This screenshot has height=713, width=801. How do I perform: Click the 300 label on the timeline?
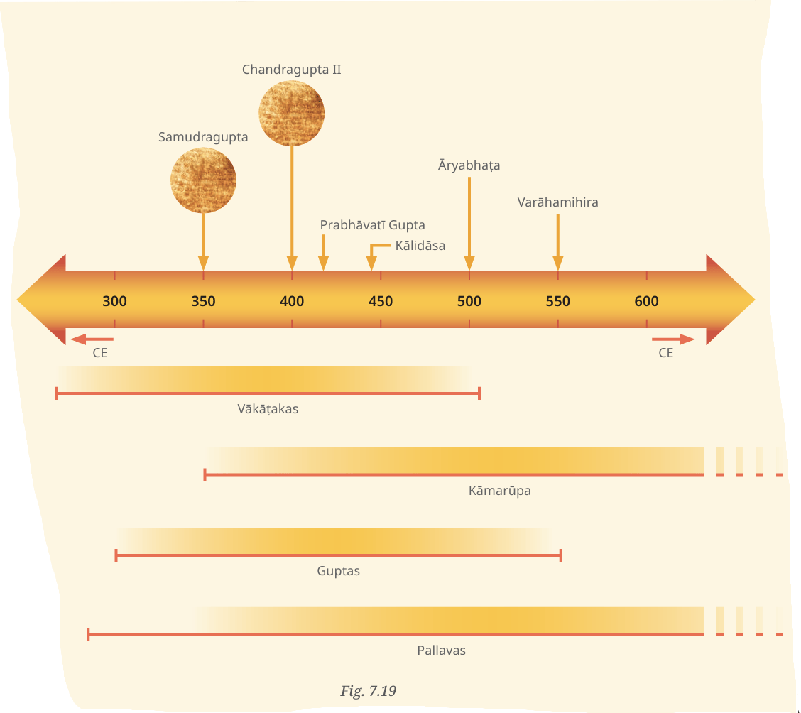[x=114, y=301]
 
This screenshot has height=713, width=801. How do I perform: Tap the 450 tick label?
[x=381, y=301]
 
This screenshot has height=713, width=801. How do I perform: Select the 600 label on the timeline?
[x=646, y=301]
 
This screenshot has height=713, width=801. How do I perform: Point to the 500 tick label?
[x=469, y=301]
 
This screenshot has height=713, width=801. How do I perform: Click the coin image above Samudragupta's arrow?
[x=203, y=180]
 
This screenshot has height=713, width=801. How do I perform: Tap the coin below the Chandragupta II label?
[x=292, y=114]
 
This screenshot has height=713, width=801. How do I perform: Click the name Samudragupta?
[x=203, y=137]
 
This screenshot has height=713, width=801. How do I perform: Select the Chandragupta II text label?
[x=292, y=70]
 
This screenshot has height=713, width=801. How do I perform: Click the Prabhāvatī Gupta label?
[x=372, y=225]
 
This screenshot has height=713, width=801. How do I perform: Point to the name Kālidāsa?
[x=420, y=246]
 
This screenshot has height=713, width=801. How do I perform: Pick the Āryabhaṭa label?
[x=469, y=165]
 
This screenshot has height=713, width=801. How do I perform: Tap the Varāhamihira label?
[x=558, y=202]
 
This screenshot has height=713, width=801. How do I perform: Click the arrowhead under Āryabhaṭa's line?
[x=469, y=263]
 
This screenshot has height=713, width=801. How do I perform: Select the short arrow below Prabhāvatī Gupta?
[x=323, y=253]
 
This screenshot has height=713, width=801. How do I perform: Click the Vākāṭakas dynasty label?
[x=268, y=409]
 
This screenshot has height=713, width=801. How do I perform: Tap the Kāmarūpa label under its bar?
[x=500, y=491]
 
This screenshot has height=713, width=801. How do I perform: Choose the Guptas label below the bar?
[x=338, y=571]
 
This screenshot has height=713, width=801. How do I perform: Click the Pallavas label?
[x=442, y=651]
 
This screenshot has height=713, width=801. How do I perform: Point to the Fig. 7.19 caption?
[x=369, y=691]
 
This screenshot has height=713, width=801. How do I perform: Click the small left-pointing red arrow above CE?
[x=92, y=339]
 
